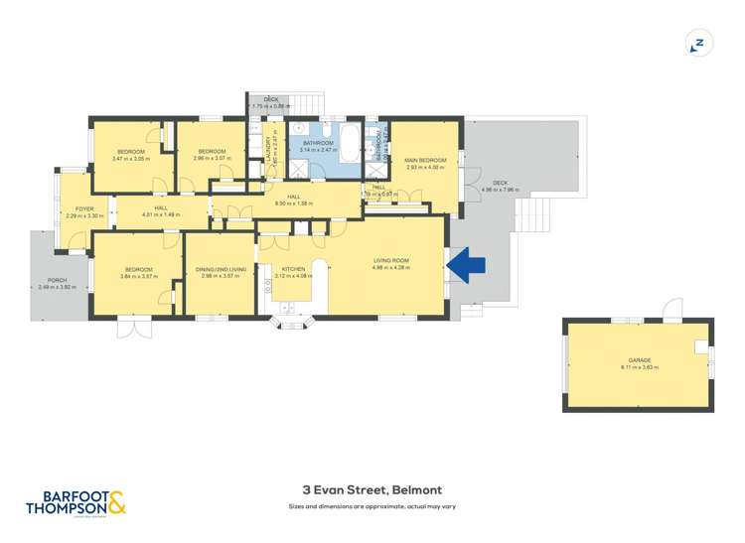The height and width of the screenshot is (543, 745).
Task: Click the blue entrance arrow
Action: [x=466, y=265]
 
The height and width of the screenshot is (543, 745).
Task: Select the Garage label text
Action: [x=639, y=363]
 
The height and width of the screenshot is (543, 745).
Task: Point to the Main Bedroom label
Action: [x=424, y=163]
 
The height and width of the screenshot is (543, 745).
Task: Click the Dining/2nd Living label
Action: [x=219, y=272]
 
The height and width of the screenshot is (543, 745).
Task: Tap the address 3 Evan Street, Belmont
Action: [x=372, y=489]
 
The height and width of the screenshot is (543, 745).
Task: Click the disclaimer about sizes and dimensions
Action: [x=372, y=507]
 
